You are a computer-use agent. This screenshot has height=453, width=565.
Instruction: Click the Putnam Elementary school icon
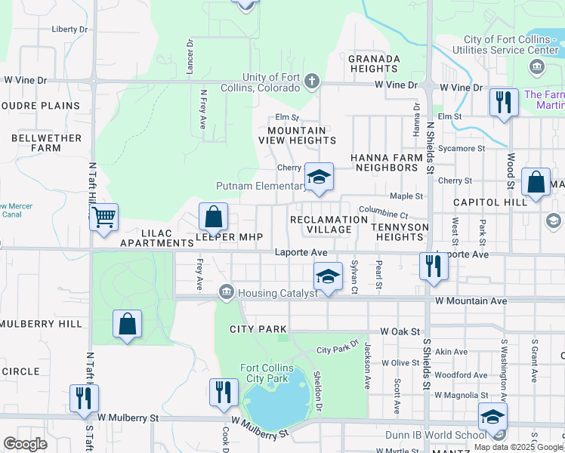coord(320,178)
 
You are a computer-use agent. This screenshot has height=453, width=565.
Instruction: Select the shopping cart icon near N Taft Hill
coord(103,217)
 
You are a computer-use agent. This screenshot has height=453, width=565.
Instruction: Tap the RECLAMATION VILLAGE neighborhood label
coord(329,224)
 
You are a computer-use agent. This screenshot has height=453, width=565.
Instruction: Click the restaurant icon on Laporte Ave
coord(433,266)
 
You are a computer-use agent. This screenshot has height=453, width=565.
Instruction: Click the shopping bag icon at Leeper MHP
coord(214,217)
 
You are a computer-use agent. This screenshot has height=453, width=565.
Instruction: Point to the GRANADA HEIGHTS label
coord(374,63)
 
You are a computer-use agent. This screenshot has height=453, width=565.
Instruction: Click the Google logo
coord(25,444)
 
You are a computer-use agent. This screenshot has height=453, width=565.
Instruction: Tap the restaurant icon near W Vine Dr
coord(503,102)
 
